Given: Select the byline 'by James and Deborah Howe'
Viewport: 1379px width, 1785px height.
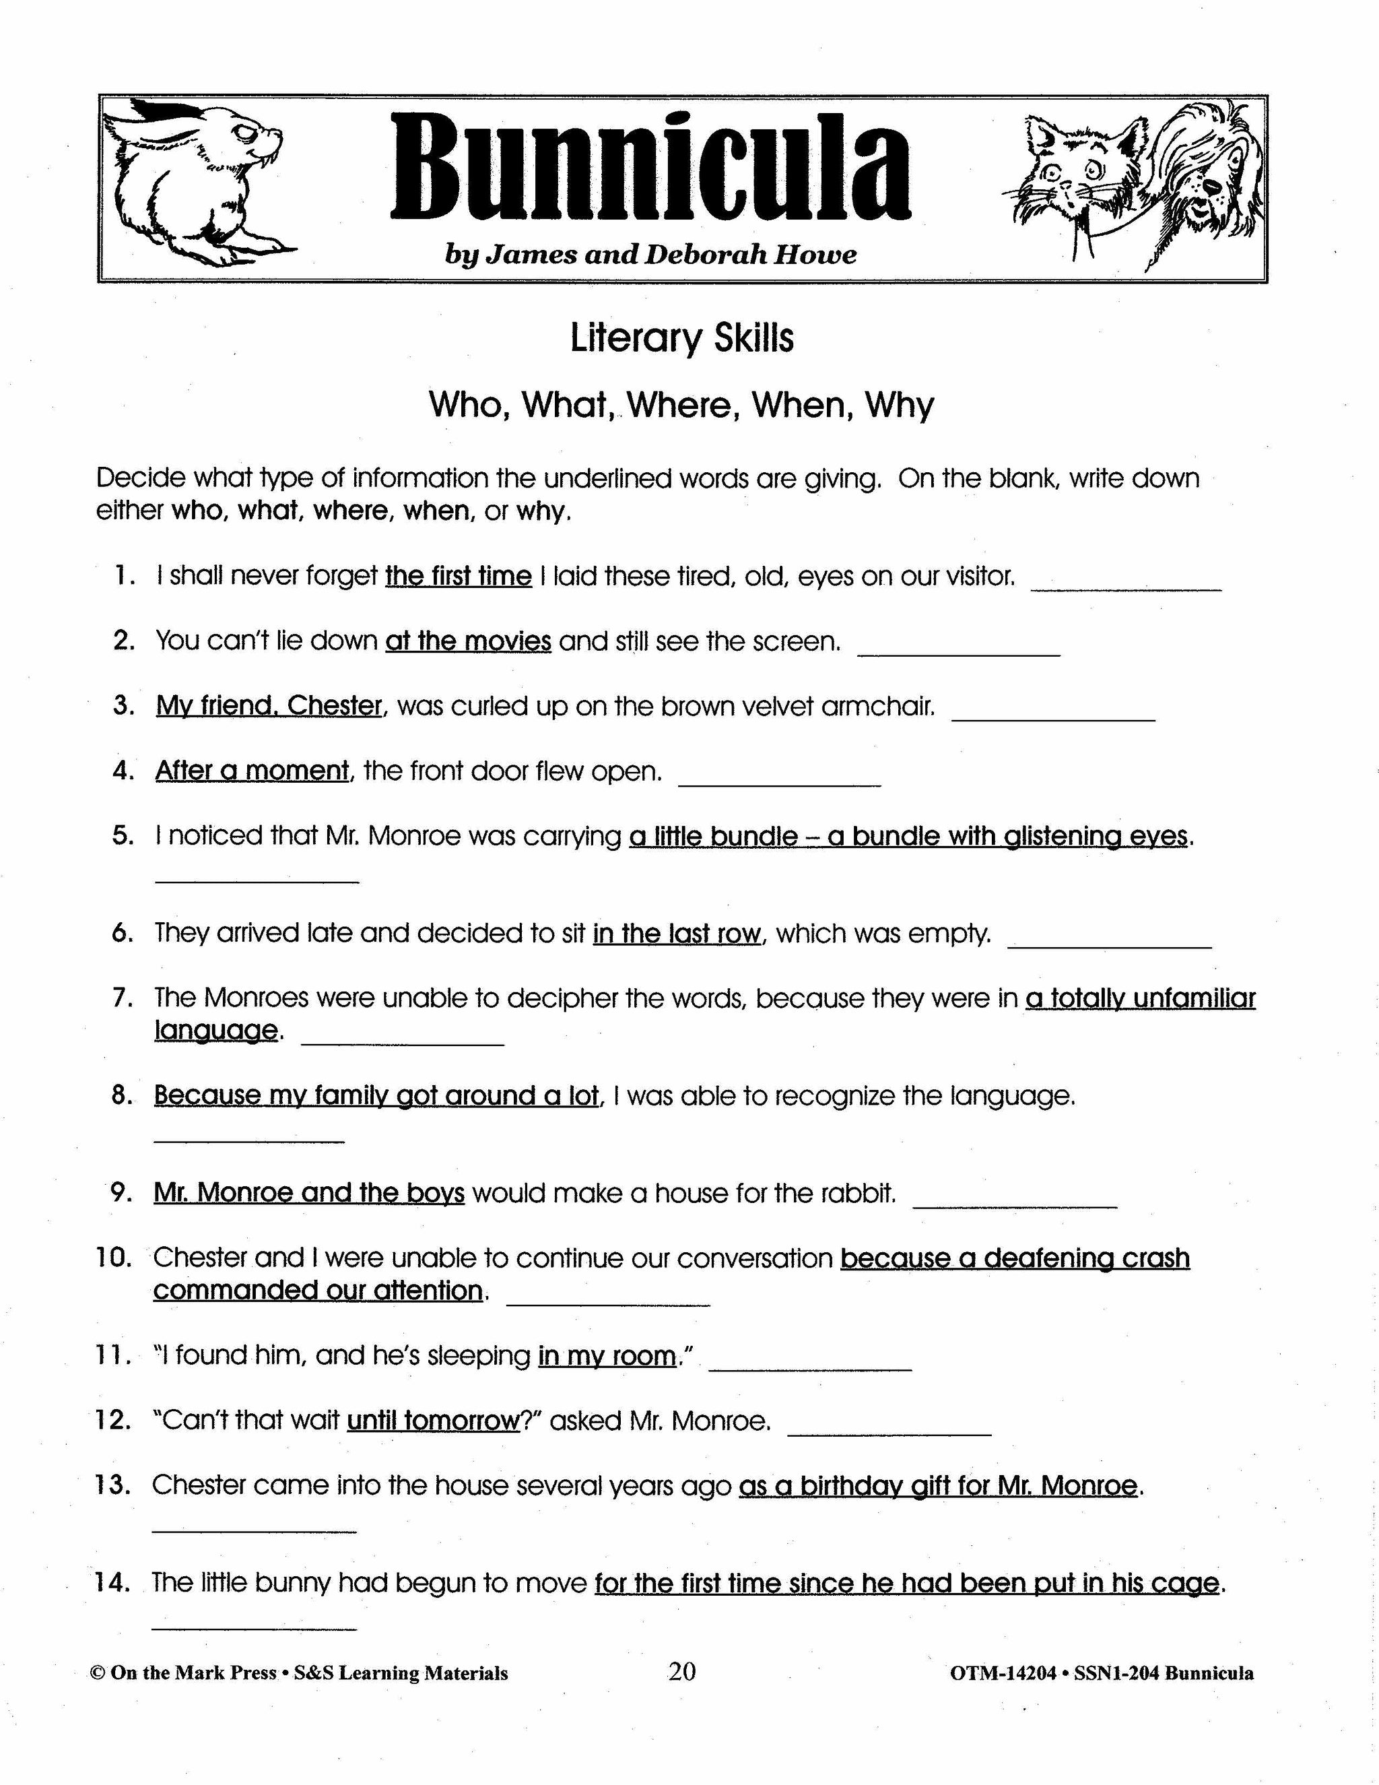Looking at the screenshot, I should [x=650, y=255].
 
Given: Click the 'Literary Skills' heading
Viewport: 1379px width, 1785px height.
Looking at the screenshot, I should [x=681, y=338].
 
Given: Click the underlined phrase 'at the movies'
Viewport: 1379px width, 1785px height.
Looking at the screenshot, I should [x=468, y=641].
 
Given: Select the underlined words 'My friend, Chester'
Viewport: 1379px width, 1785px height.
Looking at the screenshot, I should [x=269, y=706].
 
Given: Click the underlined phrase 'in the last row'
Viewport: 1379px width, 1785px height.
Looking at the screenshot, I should [x=677, y=934].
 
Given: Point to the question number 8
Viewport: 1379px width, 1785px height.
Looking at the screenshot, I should [x=123, y=1095].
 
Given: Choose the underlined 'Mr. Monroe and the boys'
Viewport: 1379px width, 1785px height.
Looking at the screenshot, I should [x=309, y=1194].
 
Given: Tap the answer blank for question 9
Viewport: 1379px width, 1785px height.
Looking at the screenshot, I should [x=1014, y=1200].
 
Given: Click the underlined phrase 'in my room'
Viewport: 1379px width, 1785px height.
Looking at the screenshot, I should [x=607, y=1356].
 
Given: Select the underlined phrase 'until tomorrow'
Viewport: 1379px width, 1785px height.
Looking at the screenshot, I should [x=434, y=1421].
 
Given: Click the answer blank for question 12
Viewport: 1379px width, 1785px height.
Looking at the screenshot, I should [x=889, y=1428].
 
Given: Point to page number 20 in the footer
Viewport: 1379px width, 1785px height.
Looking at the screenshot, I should [x=682, y=1673].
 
